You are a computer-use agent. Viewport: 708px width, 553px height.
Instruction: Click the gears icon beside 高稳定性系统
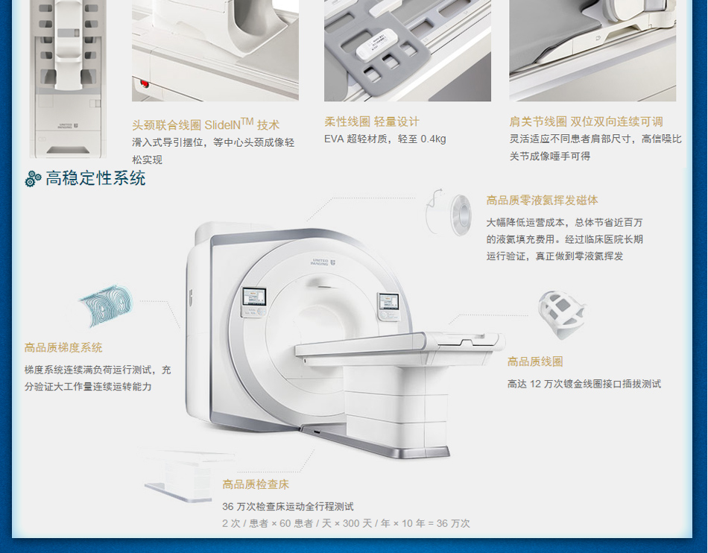33,179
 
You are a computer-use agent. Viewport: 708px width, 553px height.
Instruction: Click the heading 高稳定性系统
95,178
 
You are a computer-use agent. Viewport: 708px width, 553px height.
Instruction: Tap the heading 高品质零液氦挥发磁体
542,200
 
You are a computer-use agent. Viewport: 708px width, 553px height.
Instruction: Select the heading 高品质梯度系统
63,347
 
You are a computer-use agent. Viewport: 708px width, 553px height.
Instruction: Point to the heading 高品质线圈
535,361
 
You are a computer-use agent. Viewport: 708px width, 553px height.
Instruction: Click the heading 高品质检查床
256,485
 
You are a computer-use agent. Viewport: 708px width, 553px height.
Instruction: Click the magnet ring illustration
449,213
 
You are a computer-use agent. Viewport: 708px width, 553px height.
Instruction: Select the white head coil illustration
561,315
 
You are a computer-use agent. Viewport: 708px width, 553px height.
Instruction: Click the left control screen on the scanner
254,298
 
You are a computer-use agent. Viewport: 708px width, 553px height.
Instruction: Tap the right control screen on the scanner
388,302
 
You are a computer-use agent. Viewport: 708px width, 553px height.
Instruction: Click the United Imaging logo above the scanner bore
323,262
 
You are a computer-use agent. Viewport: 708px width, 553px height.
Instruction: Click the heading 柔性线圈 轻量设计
372,122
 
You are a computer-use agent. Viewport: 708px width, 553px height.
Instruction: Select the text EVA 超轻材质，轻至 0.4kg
385,139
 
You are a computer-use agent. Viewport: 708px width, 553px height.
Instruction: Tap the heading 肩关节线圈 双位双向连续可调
586,122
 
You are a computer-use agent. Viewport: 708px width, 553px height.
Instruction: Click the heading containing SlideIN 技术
206,124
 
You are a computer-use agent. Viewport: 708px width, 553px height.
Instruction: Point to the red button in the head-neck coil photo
145,83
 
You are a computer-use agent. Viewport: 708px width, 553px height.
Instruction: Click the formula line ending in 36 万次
346,524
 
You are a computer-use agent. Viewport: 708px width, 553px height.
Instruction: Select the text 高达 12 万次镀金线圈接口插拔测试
584,384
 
